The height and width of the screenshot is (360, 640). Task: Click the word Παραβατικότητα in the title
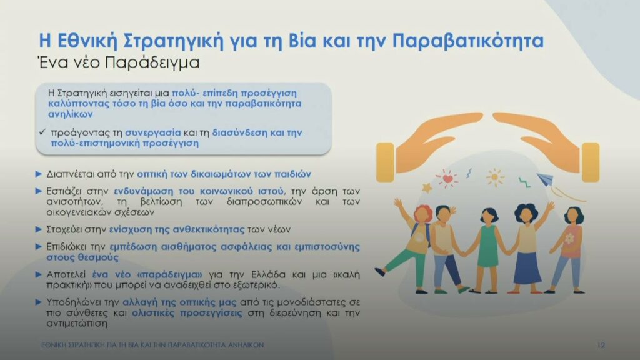pyautogui.click(x=468, y=41)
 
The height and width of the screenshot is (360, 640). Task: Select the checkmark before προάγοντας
pyautogui.click(x=42, y=132)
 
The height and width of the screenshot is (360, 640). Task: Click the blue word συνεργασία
pyautogui.click(x=152, y=132)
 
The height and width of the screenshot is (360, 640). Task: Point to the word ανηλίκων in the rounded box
pyautogui.click(x=71, y=114)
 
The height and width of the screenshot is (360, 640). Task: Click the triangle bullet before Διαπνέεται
pyautogui.click(x=39, y=174)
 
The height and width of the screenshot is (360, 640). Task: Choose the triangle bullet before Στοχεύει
pyautogui.click(x=39, y=229)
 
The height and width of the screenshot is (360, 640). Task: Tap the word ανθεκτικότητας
pyautogui.click(x=209, y=229)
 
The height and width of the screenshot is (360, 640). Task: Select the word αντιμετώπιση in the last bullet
pyautogui.click(x=77, y=324)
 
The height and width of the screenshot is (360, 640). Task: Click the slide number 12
pyautogui.click(x=601, y=345)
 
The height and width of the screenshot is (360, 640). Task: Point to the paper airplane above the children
pyautogui.click(x=545, y=179)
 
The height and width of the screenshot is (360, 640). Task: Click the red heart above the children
pyautogui.click(x=447, y=179)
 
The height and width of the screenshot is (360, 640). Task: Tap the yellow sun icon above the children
pyautogui.click(x=495, y=177)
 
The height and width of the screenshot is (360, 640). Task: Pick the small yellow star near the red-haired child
pyautogui.click(x=427, y=187)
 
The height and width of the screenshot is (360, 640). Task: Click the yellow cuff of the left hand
pyautogui.click(x=385, y=162)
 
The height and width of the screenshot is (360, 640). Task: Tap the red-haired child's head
pyautogui.click(x=423, y=214)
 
